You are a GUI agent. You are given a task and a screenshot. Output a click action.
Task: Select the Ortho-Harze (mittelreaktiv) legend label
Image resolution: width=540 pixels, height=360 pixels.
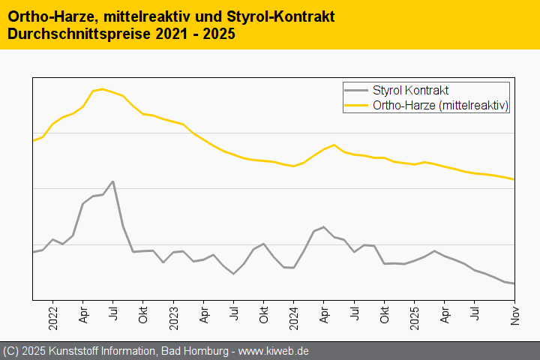[441, 106]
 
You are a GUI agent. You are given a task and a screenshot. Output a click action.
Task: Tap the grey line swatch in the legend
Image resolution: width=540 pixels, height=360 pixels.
[356, 91]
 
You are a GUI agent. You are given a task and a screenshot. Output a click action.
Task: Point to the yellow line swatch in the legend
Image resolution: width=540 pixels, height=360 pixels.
[356, 106]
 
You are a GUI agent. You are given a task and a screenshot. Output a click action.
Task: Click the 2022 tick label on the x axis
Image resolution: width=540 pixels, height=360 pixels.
[53, 314]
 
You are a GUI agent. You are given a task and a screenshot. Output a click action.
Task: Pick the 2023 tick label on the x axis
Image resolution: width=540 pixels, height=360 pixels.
[173, 314]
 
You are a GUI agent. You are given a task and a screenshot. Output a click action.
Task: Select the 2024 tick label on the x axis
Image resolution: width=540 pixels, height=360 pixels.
[293, 314]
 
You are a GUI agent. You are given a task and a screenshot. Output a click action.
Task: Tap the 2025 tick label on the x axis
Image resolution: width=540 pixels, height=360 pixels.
[414, 314]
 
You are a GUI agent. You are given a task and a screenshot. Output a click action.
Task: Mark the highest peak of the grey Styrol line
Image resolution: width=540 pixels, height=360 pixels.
[112, 181]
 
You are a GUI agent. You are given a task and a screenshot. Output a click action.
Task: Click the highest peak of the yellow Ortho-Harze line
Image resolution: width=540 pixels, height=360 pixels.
[103, 88]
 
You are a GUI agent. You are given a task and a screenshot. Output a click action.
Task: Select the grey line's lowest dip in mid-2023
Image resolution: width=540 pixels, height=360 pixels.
[233, 274]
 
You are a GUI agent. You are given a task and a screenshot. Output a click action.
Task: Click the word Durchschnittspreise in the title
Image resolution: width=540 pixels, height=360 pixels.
[74, 34]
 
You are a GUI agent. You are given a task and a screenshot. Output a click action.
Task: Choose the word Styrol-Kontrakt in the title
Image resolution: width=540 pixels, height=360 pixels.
[280, 16]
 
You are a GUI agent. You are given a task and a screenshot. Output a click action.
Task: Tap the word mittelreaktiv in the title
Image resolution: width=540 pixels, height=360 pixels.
[143, 16]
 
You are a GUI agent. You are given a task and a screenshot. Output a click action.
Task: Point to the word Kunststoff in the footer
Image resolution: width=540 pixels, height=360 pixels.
[73, 351]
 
